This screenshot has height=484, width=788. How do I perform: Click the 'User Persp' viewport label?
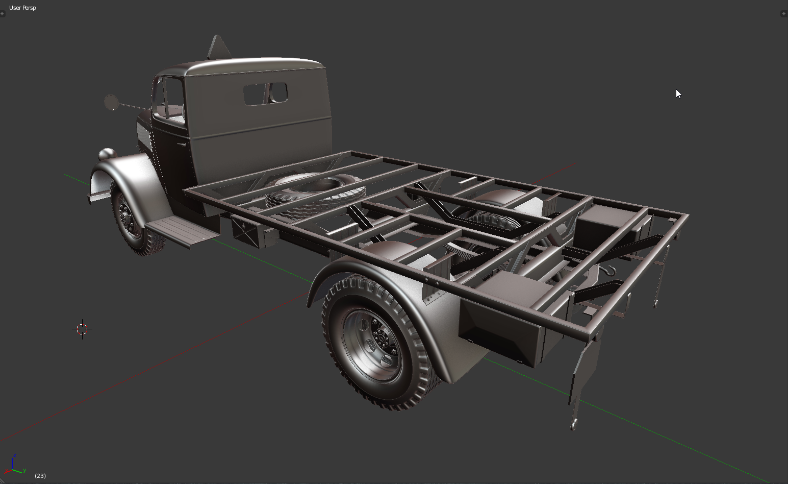pyautogui.click(x=22, y=8)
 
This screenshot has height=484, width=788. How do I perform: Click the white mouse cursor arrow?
pyautogui.click(x=678, y=94)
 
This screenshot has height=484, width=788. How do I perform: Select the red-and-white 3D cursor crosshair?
pyautogui.click(x=82, y=329)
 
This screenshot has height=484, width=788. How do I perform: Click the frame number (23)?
pyautogui.click(x=40, y=476)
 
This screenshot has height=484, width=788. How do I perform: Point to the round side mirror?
pyautogui.click(x=112, y=102)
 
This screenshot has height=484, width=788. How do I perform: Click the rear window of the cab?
pyautogui.click(x=266, y=94)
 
